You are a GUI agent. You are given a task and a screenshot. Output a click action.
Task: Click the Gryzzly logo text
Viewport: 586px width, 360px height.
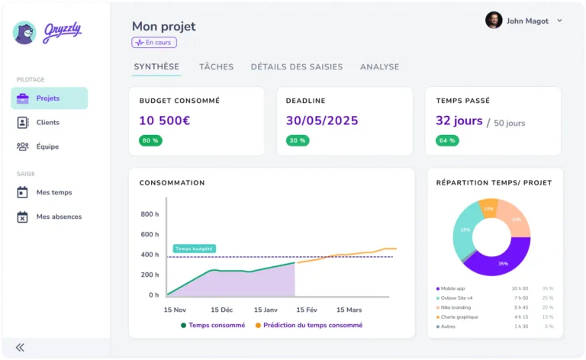click(62, 31)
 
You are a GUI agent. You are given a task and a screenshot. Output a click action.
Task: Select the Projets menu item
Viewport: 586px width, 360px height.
click(48, 98)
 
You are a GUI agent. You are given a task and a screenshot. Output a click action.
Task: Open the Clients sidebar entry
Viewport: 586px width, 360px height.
click(47, 122)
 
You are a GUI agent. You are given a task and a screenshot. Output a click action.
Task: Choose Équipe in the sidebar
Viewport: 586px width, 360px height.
click(47, 146)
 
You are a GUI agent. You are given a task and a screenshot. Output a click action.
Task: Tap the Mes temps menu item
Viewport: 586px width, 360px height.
click(53, 192)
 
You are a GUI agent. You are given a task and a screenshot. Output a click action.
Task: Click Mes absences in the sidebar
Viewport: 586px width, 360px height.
click(59, 217)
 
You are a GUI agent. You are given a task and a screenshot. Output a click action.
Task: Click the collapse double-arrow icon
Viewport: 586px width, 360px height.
click(20, 347)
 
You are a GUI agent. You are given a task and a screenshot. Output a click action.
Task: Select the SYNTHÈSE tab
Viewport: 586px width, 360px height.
click(156, 67)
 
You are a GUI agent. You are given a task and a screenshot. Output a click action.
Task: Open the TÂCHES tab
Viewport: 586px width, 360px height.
click(216, 67)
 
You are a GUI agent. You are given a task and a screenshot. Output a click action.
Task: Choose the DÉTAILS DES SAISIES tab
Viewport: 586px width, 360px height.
click(297, 67)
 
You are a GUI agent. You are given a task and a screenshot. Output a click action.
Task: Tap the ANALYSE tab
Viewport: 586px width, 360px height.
click(379, 67)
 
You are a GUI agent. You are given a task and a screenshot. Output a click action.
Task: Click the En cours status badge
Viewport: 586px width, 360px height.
click(154, 43)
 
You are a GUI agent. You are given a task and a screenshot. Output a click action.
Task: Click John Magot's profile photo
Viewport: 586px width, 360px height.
click(494, 21)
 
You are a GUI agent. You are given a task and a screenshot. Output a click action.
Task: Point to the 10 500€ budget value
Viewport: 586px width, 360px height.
click(164, 121)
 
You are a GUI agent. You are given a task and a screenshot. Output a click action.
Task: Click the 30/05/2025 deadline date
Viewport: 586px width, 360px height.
click(321, 121)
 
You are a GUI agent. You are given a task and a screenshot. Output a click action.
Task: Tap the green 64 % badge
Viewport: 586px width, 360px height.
click(447, 140)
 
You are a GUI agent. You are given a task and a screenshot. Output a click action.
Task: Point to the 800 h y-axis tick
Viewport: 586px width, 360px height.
click(150, 214)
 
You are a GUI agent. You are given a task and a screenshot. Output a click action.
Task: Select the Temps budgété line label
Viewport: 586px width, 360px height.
click(195, 249)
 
